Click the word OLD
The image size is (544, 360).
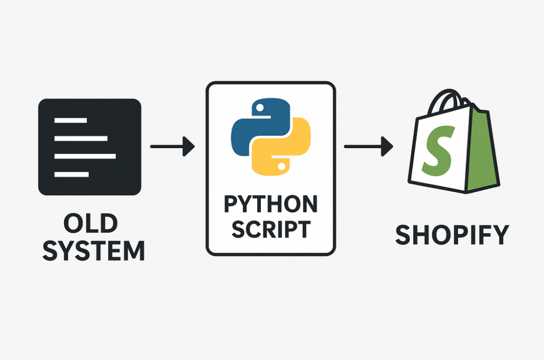pos(90,224)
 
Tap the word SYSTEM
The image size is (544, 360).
pos(93,251)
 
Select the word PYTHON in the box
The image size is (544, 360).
pos(270,204)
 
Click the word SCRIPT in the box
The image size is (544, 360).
pos(270,229)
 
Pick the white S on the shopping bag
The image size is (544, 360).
pos(438,150)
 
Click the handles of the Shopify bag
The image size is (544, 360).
pos(448,101)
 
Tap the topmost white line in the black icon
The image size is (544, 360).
pos(71,121)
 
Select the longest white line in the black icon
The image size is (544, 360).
pos(85,156)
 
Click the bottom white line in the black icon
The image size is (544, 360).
pos(72,174)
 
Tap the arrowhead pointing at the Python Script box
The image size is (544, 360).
pos(189,146)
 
